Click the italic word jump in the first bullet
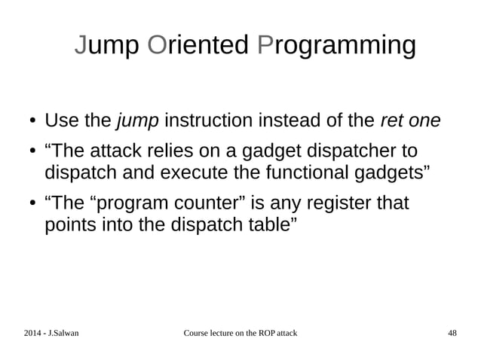click(x=136, y=121)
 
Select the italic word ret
click(x=391, y=121)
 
